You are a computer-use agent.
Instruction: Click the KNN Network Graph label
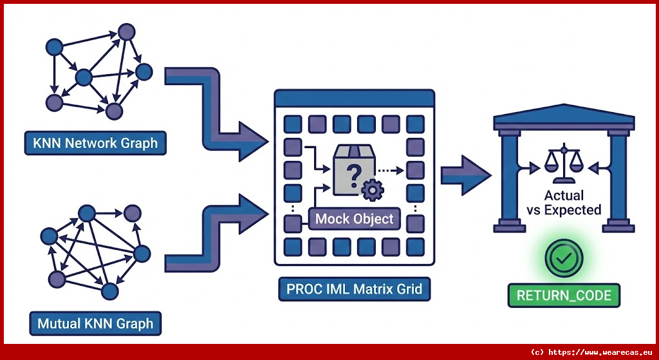(x=95, y=143)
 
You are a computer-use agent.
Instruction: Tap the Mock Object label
(x=354, y=219)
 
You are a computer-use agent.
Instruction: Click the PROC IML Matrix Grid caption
(x=354, y=289)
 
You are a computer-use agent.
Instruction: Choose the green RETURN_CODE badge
(x=564, y=296)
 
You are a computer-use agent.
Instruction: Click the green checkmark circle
(x=563, y=259)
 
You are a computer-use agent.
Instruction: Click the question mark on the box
(x=352, y=173)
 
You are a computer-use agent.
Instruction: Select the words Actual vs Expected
(x=564, y=202)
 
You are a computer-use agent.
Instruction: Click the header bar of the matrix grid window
(x=354, y=99)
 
